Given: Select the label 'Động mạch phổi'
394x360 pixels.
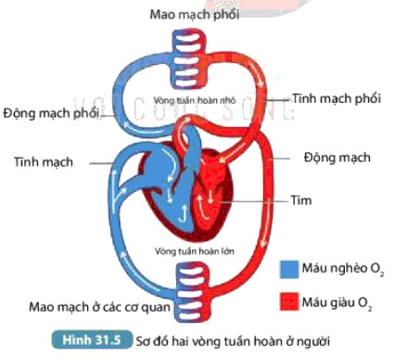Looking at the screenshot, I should [x=49, y=113].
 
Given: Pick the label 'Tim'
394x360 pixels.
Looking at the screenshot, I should [x=301, y=199].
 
